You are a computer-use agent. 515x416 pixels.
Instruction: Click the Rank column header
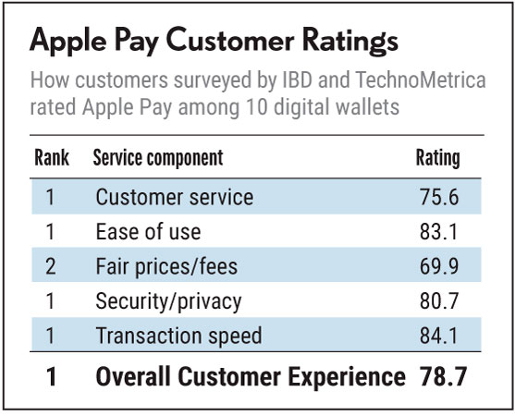pyautogui.click(x=52, y=158)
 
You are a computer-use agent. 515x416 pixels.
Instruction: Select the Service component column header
pyautogui.click(x=158, y=158)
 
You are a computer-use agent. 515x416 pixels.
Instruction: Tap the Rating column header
pyautogui.click(x=438, y=159)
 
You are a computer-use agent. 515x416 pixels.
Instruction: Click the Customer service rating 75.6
pyautogui.click(x=439, y=197)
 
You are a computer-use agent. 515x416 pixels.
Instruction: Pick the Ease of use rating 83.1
pyautogui.click(x=439, y=232)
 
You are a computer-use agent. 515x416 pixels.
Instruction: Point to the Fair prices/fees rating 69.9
pyautogui.click(x=439, y=266)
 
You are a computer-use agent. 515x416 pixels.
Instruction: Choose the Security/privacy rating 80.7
pyautogui.click(x=439, y=301)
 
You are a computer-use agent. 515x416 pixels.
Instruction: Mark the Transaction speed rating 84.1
pyautogui.click(x=439, y=336)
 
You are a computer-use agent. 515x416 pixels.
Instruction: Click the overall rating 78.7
pyautogui.click(x=443, y=376)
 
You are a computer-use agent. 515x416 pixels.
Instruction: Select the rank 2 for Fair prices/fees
pyautogui.click(x=51, y=266)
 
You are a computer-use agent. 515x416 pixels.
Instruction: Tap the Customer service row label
pyautogui.click(x=175, y=197)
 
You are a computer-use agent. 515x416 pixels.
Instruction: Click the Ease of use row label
pyautogui.click(x=148, y=232)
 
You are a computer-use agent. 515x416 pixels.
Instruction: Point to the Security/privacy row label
pyautogui.click(x=168, y=302)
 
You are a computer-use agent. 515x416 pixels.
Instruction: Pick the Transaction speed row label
pyautogui.click(x=179, y=336)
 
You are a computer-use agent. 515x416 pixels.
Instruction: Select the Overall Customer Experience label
pyautogui.click(x=251, y=377)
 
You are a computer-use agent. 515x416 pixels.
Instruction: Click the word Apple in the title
pyautogui.click(x=68, y=42)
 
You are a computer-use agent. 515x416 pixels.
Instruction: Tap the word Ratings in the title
pyautogui.click(x=350, y=42)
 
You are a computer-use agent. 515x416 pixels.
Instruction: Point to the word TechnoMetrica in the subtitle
pyautogui.click(x=421, y=80)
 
